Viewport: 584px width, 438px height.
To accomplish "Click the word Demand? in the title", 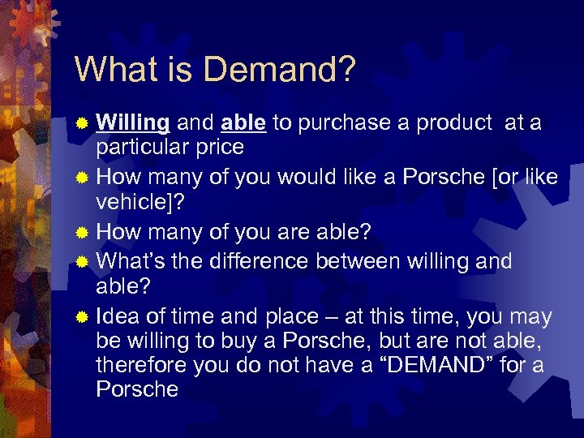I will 283,70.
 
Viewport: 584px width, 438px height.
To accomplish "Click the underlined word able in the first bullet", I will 243,122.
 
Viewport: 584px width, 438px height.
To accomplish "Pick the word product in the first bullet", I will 453,122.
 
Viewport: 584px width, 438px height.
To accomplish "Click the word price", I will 216,147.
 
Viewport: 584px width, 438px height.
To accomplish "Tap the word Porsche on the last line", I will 137,389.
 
